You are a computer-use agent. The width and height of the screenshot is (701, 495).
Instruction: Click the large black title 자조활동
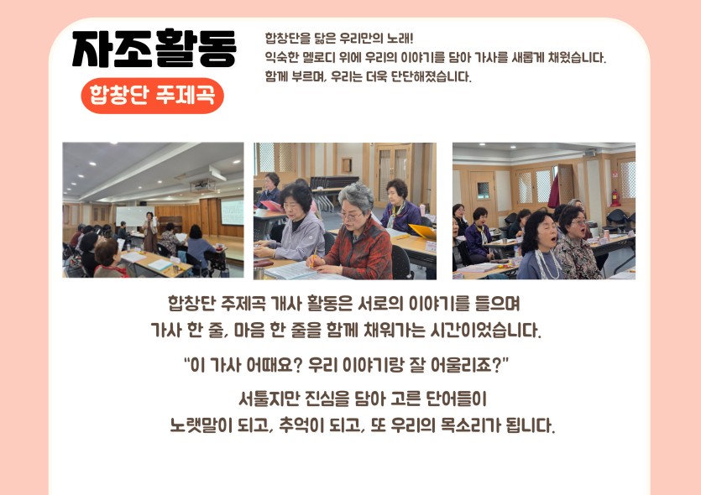(x=154, y=49)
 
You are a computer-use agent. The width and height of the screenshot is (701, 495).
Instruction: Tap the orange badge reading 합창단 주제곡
(x=153, y=96)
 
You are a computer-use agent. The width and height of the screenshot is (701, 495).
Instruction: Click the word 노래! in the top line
(x=400, y=38)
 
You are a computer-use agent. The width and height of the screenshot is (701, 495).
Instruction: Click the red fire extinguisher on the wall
(x=615, y=197)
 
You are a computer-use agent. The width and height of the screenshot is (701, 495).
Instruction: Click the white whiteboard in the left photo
(x=133, y=216)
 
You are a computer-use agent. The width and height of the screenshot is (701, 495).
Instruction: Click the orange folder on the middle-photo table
(x=422, y=232)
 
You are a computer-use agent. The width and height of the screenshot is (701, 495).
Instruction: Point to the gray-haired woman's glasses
(x=350, y=217)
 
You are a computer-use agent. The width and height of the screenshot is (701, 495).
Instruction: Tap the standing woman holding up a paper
(x=150, y=232)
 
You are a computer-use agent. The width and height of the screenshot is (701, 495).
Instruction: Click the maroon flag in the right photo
(x=554, y=191)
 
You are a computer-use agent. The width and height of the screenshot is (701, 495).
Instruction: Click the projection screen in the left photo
(x=232, y=212)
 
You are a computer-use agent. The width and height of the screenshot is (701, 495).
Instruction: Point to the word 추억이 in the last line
(x=301, y=425)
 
